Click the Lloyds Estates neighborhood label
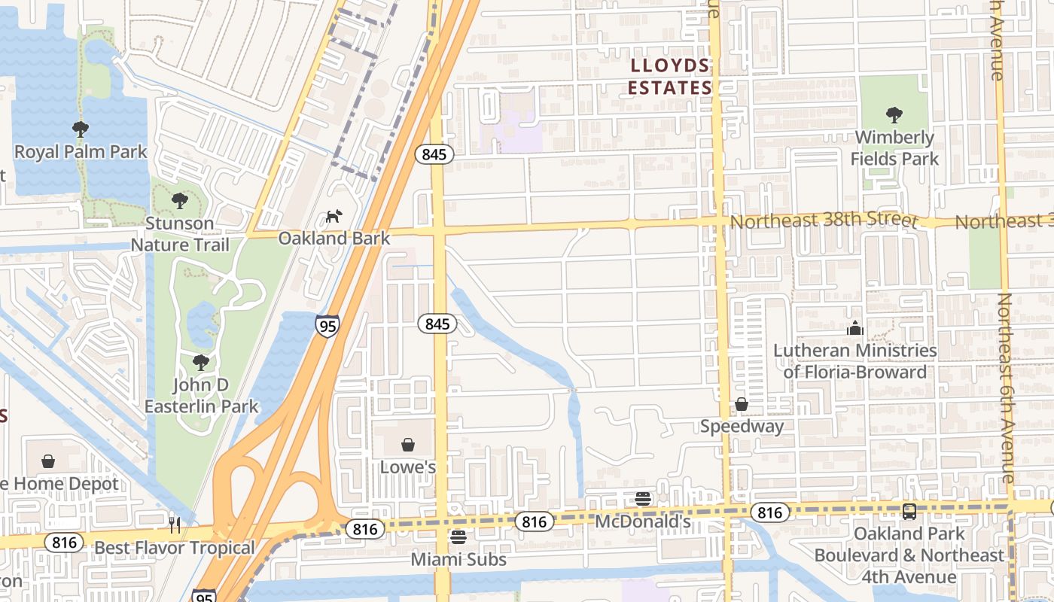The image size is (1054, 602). (670, 77)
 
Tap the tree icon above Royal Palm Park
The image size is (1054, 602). (81, 129)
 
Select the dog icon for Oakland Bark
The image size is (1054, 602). (333, 217)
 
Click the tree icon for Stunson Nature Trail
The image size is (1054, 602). (179, 201)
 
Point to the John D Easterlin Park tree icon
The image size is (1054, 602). (200, 363)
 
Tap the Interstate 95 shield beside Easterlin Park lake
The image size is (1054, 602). (327, 325)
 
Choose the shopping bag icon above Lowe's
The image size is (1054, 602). (408, 445)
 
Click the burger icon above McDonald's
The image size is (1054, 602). (642, 499)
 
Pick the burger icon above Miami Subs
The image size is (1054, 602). (458, 537)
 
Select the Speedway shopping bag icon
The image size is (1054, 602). (742, 405)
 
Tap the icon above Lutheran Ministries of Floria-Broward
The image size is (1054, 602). (854, 328)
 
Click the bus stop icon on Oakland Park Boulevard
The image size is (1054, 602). (909, 512)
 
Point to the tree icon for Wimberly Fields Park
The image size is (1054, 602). (894, 115)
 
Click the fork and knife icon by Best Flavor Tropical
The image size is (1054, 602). (175, 524)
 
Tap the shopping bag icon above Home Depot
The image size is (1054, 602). (48, 461)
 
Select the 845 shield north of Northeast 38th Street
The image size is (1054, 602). (434, 155)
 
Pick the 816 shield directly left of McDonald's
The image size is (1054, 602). (534, 521)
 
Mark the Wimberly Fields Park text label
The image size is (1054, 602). (894, 148)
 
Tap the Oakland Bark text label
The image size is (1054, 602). (334, 239)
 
